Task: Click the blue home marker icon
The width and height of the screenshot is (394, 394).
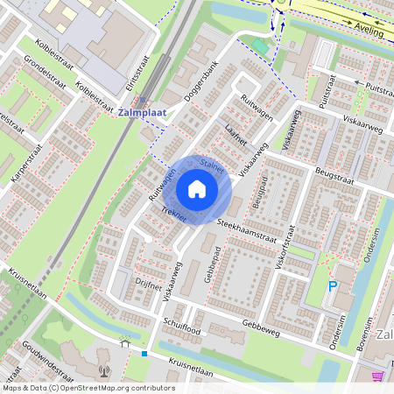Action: [x=197, y=189]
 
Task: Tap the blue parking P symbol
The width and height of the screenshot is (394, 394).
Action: [x=332, y=285]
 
